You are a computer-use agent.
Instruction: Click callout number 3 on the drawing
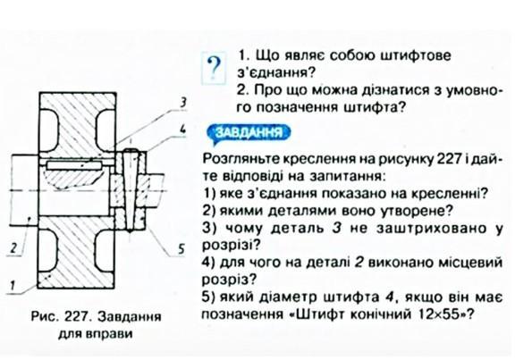click(x=183, y=103)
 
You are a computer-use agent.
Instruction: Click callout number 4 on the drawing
click(x=182, y=129)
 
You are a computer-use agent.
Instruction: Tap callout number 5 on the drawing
click(x=182, y=249)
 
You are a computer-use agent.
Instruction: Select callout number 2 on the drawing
click(x=13, y=247)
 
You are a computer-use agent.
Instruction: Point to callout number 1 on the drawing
click(x=13, y=285)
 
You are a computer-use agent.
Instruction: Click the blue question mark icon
click(x=214, y=68)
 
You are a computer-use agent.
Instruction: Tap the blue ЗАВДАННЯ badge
click(x=249, y=133)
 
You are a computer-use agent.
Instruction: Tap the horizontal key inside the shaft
click(x=73, y=165)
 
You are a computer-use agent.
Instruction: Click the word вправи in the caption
click(x=110, y=334)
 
